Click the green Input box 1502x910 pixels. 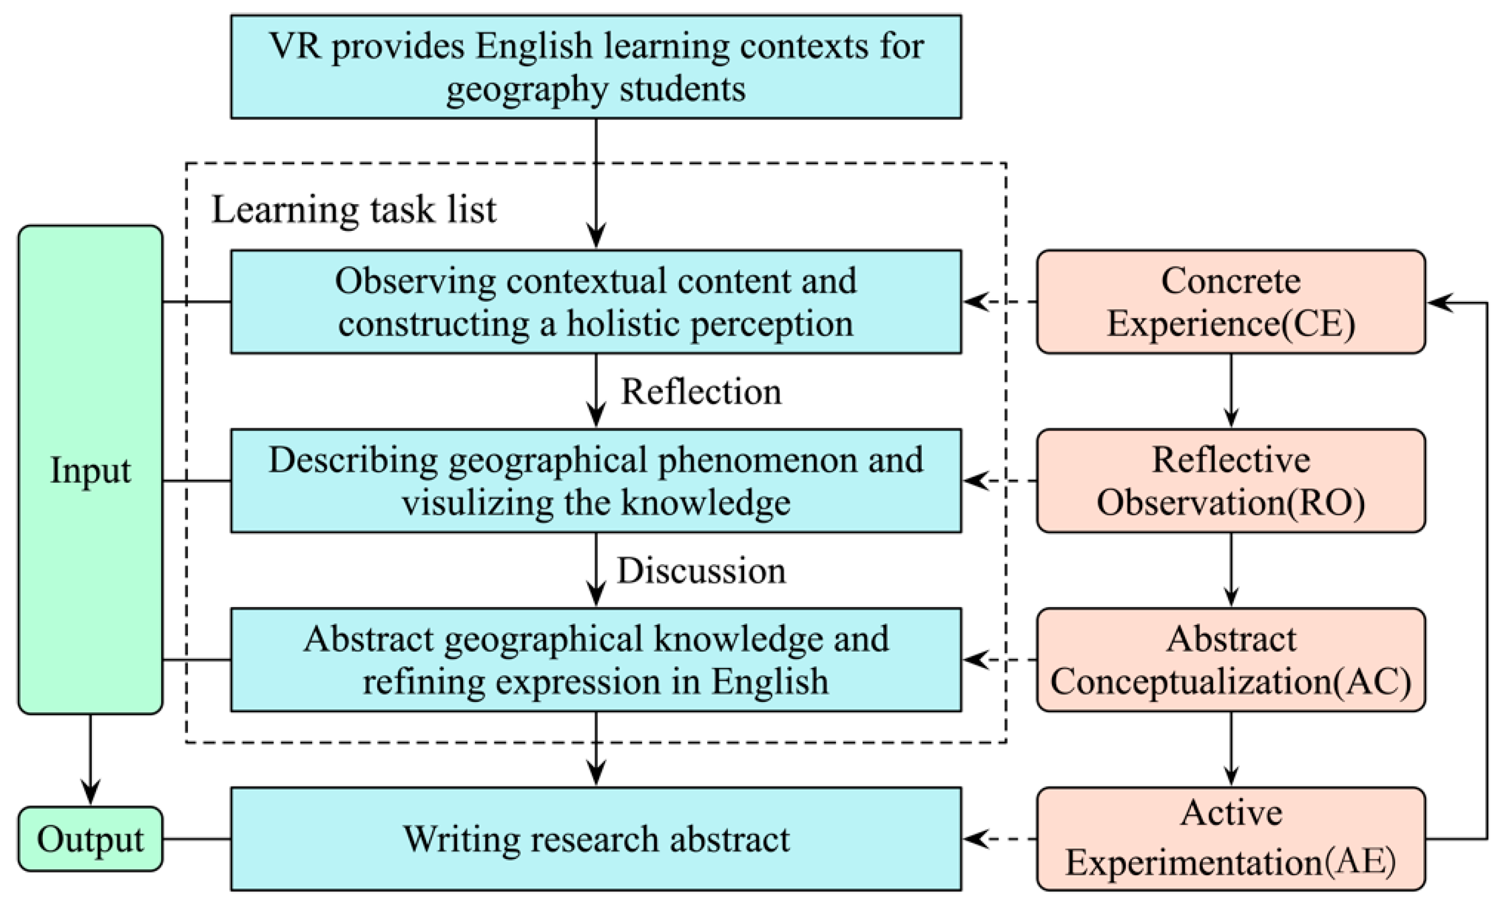[x=90, y=470]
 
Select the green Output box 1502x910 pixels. [x=90, y=839]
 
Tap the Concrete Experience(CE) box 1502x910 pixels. [x=1230, y=301]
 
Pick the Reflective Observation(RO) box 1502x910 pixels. [x=1230, y=481]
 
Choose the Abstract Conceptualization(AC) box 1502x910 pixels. [x=1230, y=660]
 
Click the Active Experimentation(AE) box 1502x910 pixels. [x=1230, y=839]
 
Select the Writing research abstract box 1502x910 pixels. [x=596, y=839]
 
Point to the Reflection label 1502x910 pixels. [x=700, y=391]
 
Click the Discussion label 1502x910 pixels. [x=701, y=571]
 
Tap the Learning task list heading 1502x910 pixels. [x=353, y=210]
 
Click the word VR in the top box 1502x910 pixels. [x=295, y=46]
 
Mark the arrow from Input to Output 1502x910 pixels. [x=90, y=760]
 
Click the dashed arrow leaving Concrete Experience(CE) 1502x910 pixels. [x=1000, y=301]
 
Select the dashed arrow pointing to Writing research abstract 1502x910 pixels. [x=1000, y=839]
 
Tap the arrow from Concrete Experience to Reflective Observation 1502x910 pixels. [x=1231, y=390]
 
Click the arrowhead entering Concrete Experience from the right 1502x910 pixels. [x=1440, y=302]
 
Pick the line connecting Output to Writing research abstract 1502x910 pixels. [x=197, y=839]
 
